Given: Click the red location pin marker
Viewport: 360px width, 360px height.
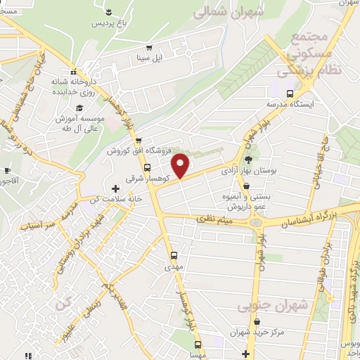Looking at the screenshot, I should (x=181, y=165).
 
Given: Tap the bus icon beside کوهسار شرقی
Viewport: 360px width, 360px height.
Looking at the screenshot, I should (x=147, y=168).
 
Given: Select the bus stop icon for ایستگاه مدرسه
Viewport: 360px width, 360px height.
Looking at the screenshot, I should (x=290, y=94).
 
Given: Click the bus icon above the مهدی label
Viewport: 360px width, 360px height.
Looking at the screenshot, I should (x=174, y=255).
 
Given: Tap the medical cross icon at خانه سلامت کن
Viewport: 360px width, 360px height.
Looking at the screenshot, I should (x=117, y=188).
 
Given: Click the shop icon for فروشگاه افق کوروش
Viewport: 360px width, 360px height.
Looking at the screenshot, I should (x=139, y=141).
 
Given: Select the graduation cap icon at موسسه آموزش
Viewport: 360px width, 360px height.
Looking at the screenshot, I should (x=79, y=108).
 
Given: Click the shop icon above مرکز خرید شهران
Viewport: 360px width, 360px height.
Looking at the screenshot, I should (x=242, y=318).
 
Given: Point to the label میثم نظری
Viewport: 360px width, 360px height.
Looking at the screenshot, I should (x=215, y=221).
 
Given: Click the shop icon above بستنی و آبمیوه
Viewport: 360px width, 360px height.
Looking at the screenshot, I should (x=227, y=178).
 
